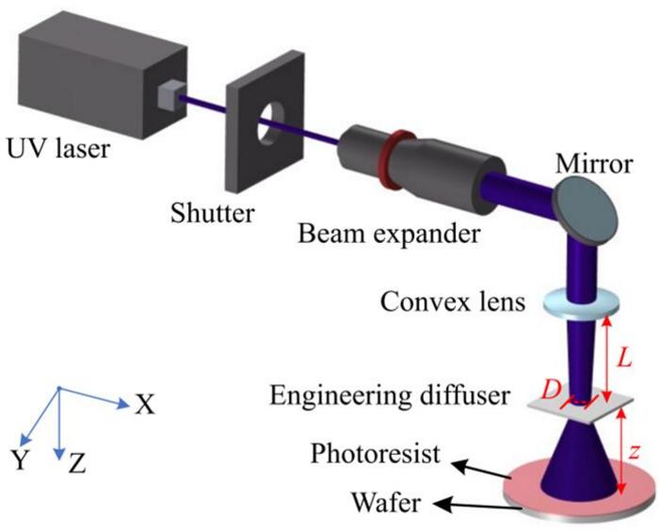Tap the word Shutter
pos(212,213)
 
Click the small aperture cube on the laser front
pos(170,95)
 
